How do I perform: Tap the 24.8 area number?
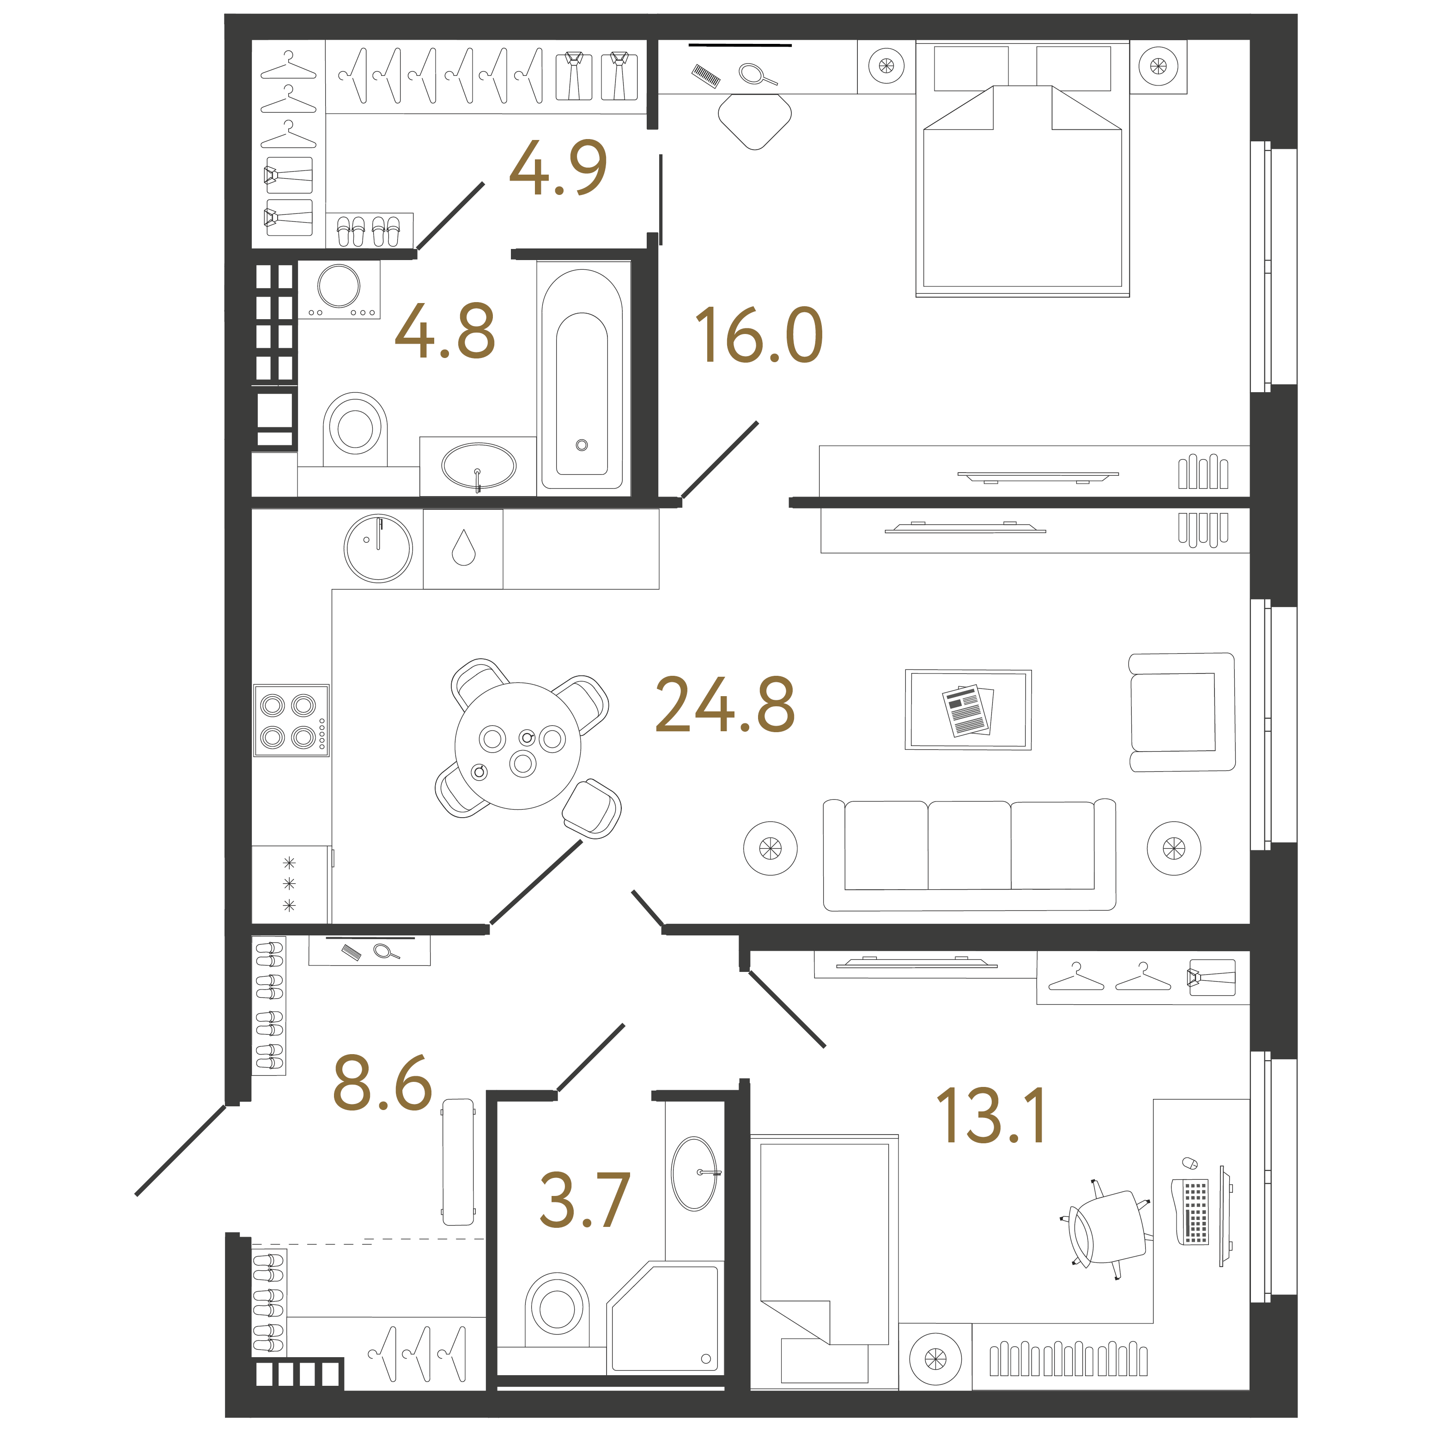(724, 705)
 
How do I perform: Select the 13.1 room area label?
(990, 1116)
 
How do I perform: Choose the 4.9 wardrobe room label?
(558, 168)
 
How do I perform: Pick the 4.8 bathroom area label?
(445, 331)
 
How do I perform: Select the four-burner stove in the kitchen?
(291, 721)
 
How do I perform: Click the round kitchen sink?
(378, 548)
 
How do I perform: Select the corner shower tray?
(664, 1318)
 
